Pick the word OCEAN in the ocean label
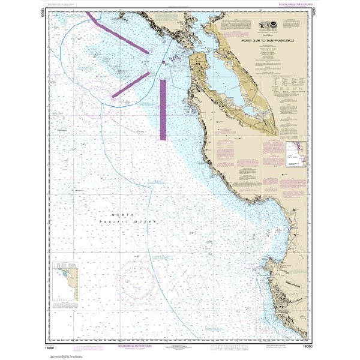(146, 221)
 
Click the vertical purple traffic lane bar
(163, 109)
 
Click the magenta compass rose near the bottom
(140, 279)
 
